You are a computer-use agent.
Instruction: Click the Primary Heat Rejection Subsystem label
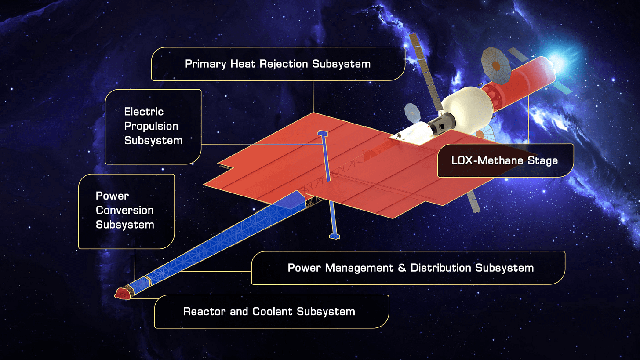[x=278, y=64]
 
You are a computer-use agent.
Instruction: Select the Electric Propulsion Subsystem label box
[x=153, y=126]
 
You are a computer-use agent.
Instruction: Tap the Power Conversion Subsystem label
[x=125, y=211]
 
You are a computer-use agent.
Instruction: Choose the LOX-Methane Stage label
[x=505, y=160]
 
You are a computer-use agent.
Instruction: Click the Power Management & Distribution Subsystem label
[x=411, y=268]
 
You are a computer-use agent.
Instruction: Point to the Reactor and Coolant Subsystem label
[x=269, y=312]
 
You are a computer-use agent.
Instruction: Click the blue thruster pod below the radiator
[x=334, y=236]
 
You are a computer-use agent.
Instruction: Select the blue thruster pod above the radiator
[x=323, y=133]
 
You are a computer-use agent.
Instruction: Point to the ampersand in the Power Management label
[x=402, y=268]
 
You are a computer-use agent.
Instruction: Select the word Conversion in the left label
[x=125, y=211]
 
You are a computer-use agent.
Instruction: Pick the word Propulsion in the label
[x=151, y=126]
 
